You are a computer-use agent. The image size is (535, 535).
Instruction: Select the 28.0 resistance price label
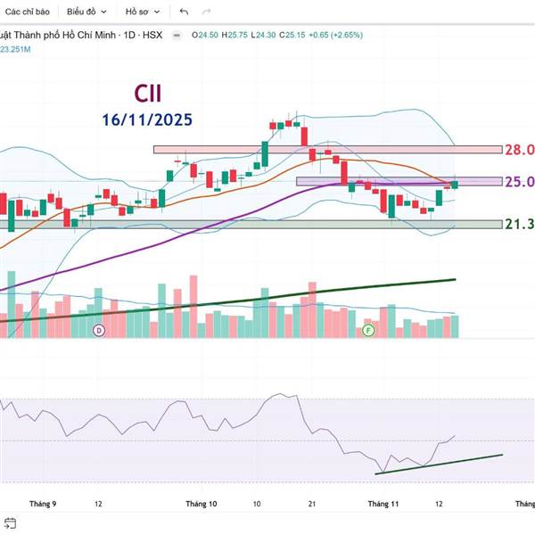pos(519,150)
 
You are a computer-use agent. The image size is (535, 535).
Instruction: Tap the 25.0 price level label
pos(519,182)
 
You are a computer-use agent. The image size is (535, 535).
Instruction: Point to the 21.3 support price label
pos(519,224)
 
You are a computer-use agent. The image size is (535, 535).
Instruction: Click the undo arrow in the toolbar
pos(184,12)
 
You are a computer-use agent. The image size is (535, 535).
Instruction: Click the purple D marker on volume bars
pos(99,331)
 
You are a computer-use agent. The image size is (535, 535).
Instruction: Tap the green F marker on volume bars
pos(367,331)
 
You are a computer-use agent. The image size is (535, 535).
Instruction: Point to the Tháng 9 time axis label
pos(42,504)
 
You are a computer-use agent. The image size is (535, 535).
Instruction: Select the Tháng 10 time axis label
pos(201,504)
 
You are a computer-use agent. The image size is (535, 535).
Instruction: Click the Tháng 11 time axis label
pos(383,504)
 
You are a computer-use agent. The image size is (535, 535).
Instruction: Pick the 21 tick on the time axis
pos(312,504)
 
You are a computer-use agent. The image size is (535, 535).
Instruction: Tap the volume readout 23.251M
pos(15,48)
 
